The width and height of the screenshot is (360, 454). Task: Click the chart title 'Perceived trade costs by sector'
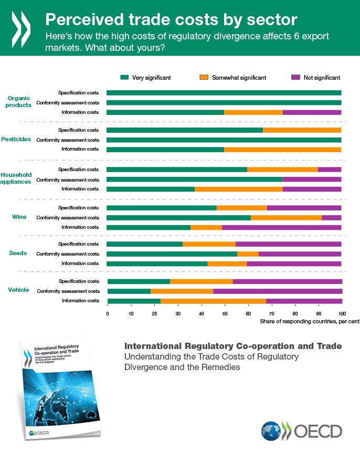point(171,20)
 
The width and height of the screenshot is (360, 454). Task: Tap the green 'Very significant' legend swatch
point(124,77)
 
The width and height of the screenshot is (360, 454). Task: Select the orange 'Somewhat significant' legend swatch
point(204,77)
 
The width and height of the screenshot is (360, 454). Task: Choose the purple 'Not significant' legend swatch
point(295,77)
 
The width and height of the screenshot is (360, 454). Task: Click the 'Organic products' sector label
point(19,101)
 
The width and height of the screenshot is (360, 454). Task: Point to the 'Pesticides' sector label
point(16,139)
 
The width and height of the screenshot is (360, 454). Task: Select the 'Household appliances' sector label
point(16,178)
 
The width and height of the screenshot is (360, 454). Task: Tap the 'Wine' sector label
point(19,217)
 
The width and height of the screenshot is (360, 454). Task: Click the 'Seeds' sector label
point(18,253)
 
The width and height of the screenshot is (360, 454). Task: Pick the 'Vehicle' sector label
point(18,290)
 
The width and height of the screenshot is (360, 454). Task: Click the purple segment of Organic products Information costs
point(312,112)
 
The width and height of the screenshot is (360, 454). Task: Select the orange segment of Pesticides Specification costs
point(302,130)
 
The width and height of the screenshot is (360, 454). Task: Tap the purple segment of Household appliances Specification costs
point(330,169)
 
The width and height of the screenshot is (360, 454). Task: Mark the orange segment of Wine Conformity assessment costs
point(286,217)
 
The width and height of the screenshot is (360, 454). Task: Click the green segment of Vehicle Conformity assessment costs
point(129,291)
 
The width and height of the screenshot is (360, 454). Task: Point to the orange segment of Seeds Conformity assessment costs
point(248,254)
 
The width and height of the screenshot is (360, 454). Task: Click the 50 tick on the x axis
point(225,313)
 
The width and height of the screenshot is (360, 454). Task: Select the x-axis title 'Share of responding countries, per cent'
point(309,321)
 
